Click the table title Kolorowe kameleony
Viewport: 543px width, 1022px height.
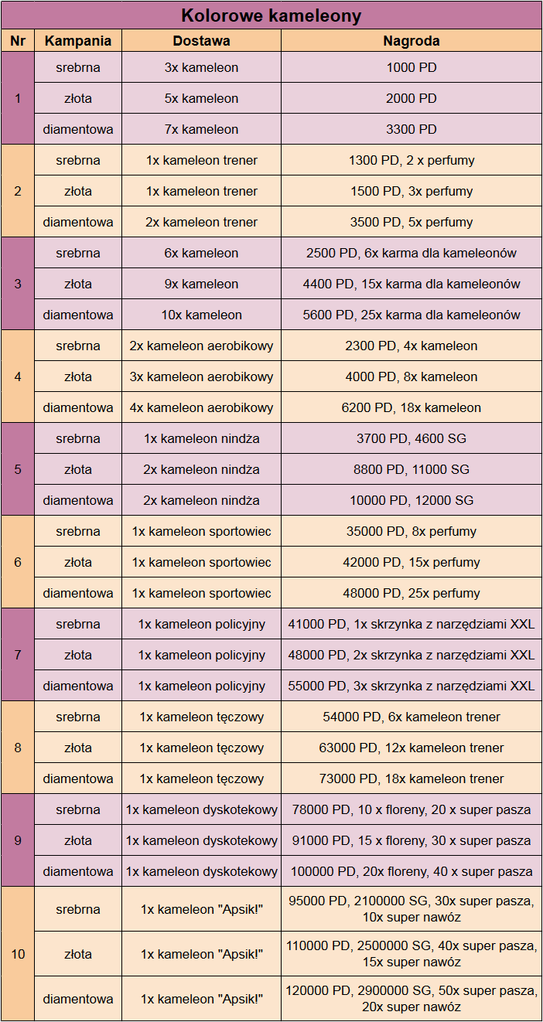coord(271,15)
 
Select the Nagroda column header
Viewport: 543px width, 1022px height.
coord(412,41)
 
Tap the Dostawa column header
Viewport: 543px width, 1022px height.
coord(201,41)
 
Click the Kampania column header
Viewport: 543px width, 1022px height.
coord(78,41)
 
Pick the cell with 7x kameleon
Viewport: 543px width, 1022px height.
coord(201,129)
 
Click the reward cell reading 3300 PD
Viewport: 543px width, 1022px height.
coord(412,129)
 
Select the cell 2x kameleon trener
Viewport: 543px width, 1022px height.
coord(201,222)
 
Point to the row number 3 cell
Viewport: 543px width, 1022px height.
coord(18,284)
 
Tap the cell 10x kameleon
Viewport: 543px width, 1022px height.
coord(201,315)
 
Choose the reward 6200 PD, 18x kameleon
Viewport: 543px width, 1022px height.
coord(412,407)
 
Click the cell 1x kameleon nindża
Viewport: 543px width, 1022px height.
coord(201,438)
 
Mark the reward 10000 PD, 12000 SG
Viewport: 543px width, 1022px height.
coord(412,500)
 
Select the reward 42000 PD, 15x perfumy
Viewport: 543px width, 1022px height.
coord(412,562)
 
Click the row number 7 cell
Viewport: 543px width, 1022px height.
coord(18,655)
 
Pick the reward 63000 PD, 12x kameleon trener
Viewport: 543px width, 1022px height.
coord(412,748)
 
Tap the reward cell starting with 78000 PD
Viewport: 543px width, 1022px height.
coord(412,809)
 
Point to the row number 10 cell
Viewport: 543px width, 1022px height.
coord(18,954)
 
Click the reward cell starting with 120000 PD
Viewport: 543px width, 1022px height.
coord(412,999)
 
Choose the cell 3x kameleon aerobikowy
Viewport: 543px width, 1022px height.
coord(201,376)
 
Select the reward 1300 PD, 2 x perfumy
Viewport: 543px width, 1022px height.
coord(412,160)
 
